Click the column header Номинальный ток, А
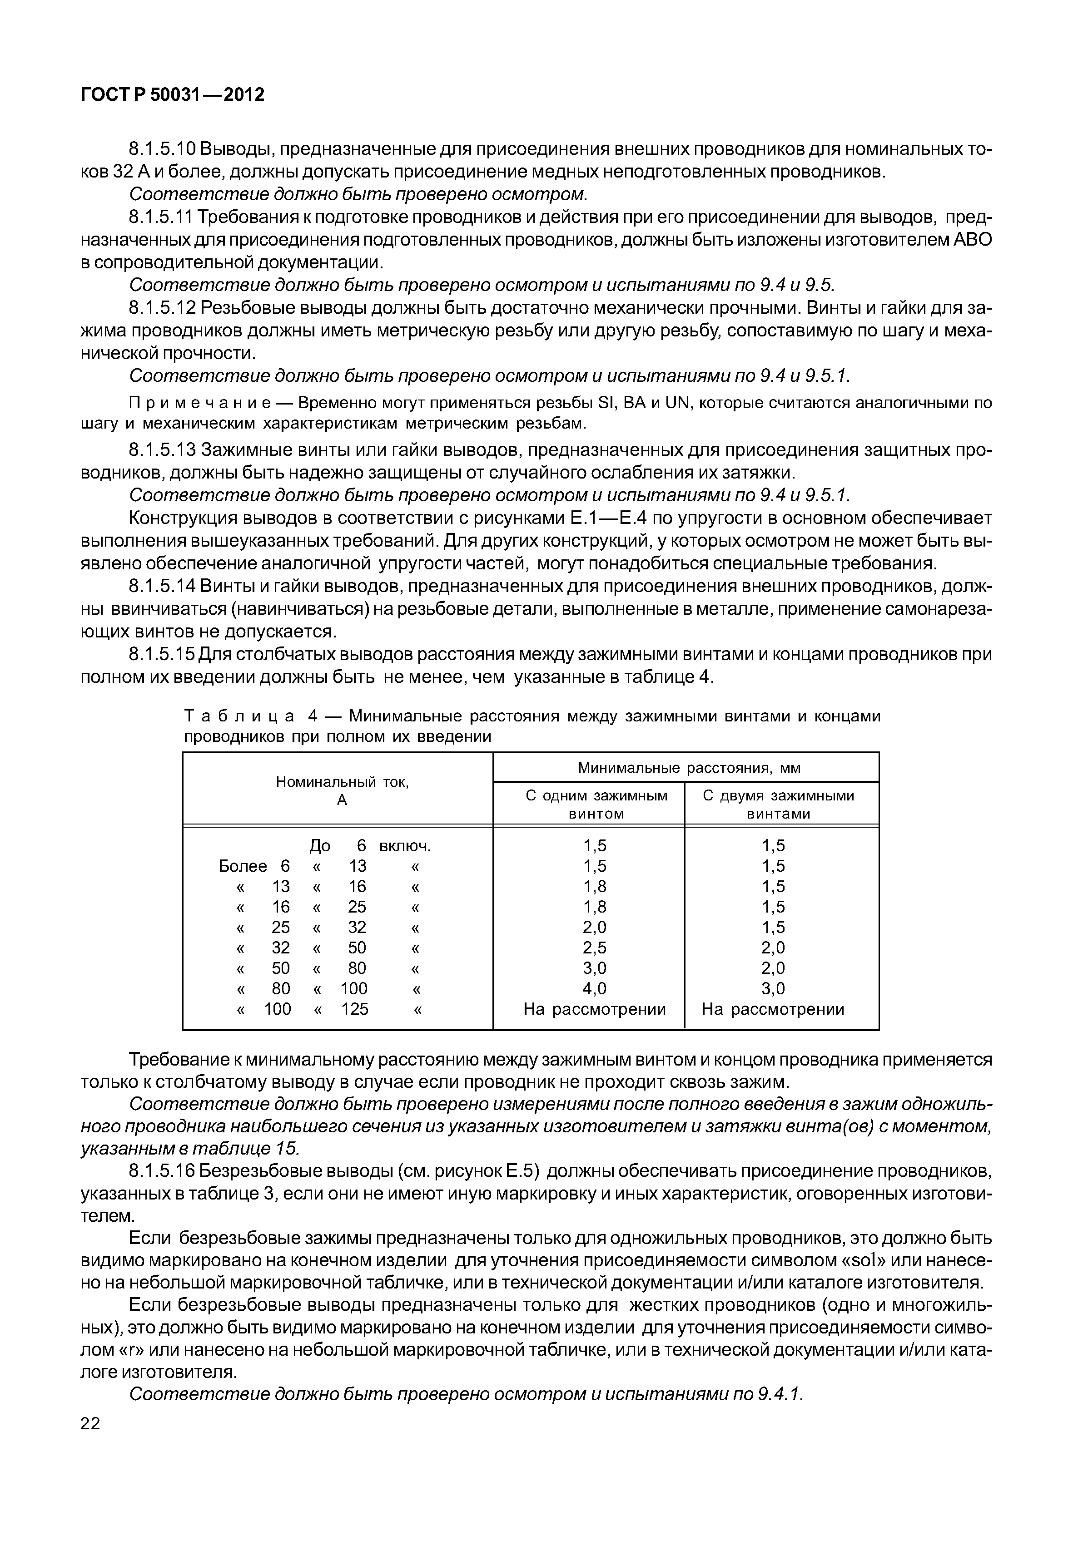342,791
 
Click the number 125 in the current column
354,1009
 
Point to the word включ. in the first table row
405,846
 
